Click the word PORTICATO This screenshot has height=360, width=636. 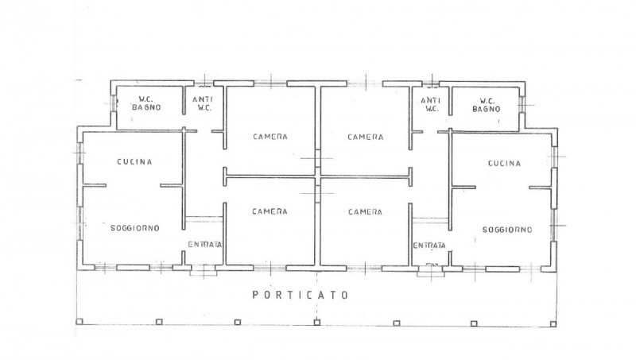[301, 295]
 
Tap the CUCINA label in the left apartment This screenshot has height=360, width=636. [134, 162]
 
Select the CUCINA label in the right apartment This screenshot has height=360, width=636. [504, 164]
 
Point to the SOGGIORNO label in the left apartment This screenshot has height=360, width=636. [135, 228]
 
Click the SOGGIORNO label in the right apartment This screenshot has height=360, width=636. [507, 230]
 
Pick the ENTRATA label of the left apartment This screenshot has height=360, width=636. [205, 245]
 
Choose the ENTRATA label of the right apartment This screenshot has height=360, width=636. [429, 246]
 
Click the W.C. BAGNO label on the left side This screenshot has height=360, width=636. [146, 103]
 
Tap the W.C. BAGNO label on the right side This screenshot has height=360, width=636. [487, 105]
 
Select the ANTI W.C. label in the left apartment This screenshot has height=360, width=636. [203, 103]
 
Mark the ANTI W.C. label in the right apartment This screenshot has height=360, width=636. [430, 104]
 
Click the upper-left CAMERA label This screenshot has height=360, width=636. [270, 137]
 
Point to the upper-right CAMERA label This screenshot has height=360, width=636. [366, 137]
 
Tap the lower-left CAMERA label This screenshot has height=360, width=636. [270, 211]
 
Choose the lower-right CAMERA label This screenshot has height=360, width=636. [365, 211]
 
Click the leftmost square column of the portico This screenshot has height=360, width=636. [79, 322]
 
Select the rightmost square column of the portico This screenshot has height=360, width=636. [553, 323]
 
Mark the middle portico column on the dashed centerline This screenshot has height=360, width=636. [316, 323]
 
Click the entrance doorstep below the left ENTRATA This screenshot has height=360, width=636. [204, 271]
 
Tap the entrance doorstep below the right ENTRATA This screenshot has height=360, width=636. [430, 272]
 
